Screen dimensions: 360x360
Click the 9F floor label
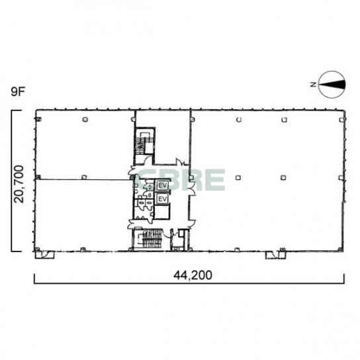click(x=18, y=91)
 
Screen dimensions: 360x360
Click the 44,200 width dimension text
click(x=193, y=275)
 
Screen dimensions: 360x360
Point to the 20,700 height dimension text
click(x=19, y=184)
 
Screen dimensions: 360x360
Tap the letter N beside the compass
click(x=313, y=85)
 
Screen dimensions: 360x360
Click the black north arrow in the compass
click(x=332, y=85)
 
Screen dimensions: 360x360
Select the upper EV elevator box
click(x=162, y=185)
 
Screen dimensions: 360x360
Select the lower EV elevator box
click(x=162, y=199)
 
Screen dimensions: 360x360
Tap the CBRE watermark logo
click(x=180, y=179)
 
